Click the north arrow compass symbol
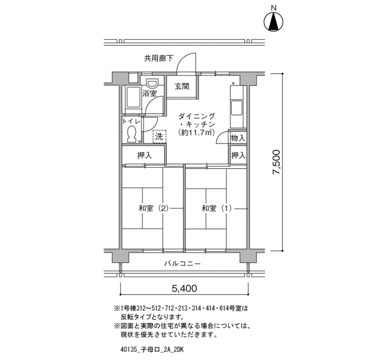tap(273, 22)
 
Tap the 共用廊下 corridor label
tap(159, 59)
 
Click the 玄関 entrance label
tap(182, 86)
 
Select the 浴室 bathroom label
tap(150, 93)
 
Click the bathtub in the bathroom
tap(132, 99)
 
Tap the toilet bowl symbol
tap(131, 133)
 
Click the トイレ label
tap(131, 121)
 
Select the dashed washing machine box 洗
tap(160, 136)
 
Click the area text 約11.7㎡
tap(196, 132)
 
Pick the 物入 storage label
tap(238, 138)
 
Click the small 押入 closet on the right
tap(238, 155)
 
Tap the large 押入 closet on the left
tap(145, 155)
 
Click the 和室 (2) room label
tap(154, 208)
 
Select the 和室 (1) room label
tap(217, 208)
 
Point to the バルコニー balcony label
tap(182, 264)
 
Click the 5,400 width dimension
tap(185, 289)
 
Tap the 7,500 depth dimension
tap(276, 162)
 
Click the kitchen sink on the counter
tap(237, 107)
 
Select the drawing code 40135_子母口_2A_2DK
tap(152, 349)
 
